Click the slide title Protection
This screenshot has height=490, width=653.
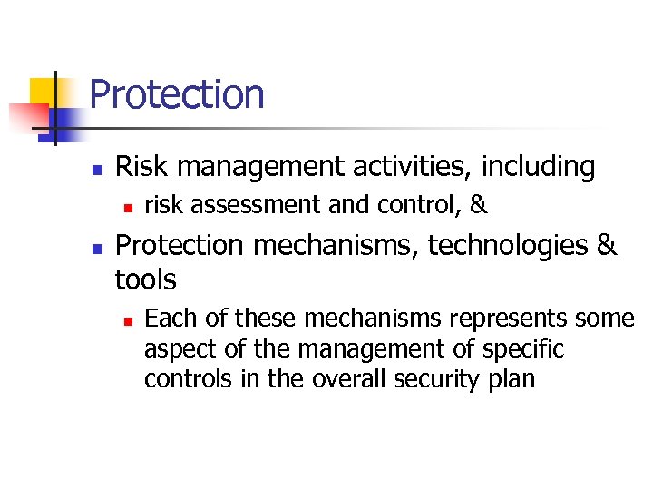pos(177,95)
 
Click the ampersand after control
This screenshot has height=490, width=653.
pos(479,206)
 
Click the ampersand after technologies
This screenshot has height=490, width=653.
pos(607,245)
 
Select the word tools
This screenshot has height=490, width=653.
pos(146,279)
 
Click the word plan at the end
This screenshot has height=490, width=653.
pos(512,379)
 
